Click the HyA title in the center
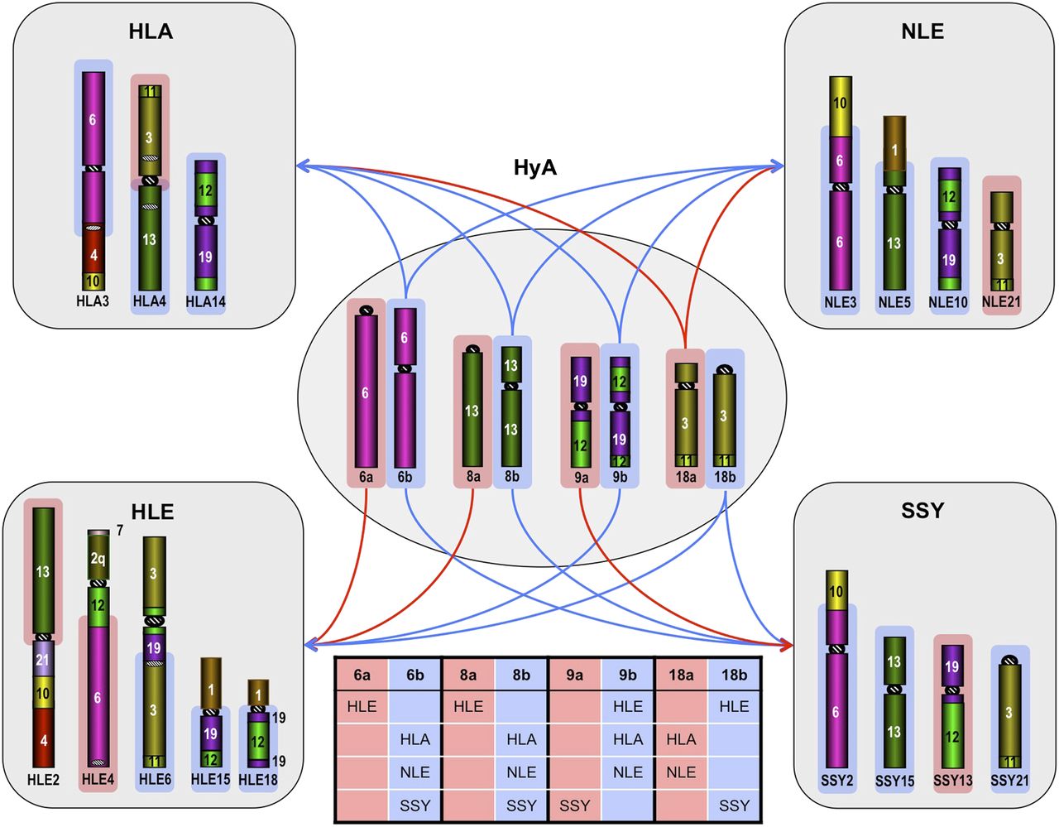click(x=535, y=168)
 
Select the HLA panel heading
click(x=151, y=32)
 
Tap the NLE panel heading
click(x=922, y=32)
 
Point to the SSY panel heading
click(x=922, y=511)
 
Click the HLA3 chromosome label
click(x=93, y=301)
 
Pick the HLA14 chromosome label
click(x=205, y=301)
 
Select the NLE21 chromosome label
click(x=1001, y=302)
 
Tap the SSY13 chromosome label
click(x=953, y=780)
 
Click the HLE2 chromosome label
click(x=43, y=779)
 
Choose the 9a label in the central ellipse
click(x=581, y=477)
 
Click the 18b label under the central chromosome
click(x=725, y=477)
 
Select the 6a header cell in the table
click(x=362, y=675)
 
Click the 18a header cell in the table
click(x=681, y=675)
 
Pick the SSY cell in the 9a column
click(x=574, y=805)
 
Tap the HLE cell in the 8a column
click(x=468, y=706)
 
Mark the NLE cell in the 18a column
click(x=681, y=772)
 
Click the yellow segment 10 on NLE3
click(x=840, y=103)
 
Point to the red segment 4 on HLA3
click(x=93, y=255)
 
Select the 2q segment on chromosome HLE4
click(x=98, y=560)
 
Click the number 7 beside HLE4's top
click(x=120, y=530)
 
